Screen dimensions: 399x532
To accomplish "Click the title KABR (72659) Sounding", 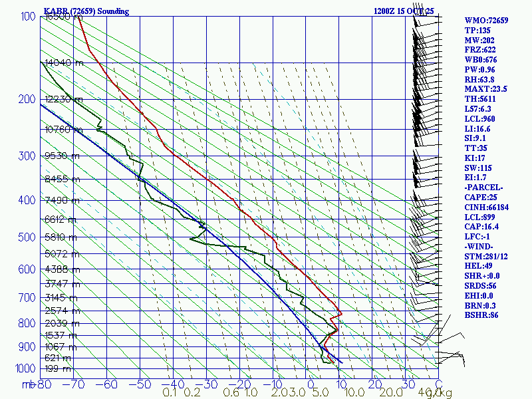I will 86,11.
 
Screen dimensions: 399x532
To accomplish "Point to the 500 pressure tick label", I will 25,237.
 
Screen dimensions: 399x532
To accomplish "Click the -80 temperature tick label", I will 44,384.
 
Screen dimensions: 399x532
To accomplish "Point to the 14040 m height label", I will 64,63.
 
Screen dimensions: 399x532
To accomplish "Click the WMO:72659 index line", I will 486,21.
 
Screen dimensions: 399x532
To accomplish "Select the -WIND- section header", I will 480,246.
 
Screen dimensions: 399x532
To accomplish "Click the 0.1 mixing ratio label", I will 170,392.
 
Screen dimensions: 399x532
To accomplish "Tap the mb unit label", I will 28,384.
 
